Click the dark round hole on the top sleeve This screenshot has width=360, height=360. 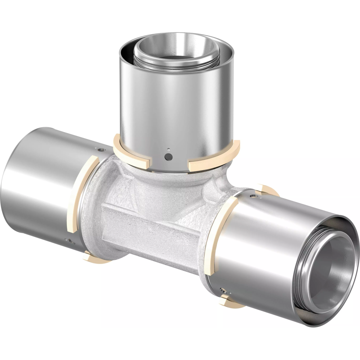(168, 156)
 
